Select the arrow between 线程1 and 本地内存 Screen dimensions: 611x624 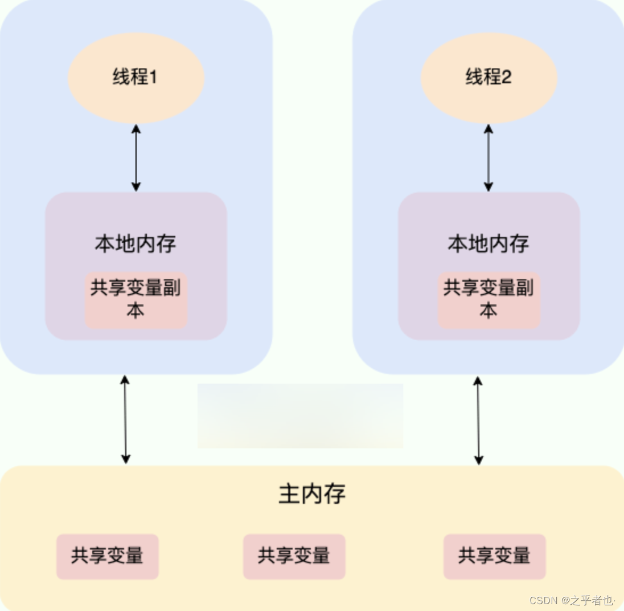(136, 157)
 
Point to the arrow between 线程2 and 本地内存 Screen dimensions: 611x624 (488, 157)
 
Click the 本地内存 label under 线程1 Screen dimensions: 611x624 (136, 244)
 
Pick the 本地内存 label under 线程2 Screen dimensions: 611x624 (488, 244)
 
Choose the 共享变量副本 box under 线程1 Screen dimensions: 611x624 (136, 300)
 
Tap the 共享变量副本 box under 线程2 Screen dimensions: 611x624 (488, 300)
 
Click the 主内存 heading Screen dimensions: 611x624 (312, 494)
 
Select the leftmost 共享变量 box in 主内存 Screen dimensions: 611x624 (107, 556)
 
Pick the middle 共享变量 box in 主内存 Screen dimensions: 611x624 (294, 556)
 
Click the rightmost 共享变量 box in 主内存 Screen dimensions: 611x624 (494, 556)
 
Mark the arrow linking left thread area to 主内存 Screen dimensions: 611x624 (125, 419)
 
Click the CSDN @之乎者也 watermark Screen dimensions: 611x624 (572, 600)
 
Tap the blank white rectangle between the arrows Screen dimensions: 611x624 (300, 416)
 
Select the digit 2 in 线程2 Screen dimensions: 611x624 (507, 78)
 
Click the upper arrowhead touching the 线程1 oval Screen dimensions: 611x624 (136, 128)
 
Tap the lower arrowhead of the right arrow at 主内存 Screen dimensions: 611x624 (478, 460)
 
